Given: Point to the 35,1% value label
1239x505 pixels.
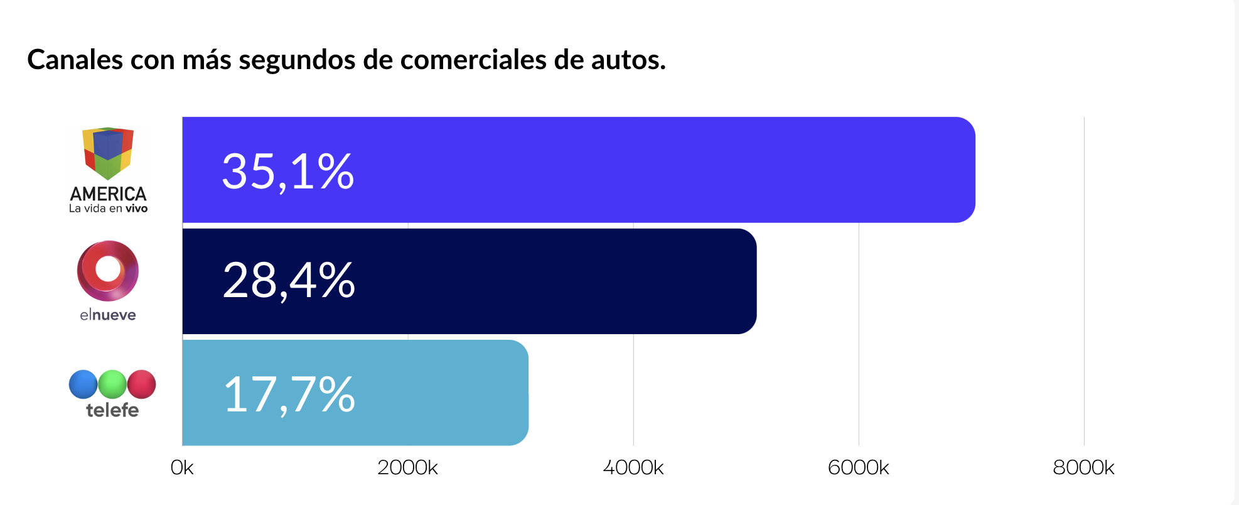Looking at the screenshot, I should click(x=288, y=171).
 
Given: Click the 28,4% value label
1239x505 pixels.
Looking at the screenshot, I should click(x=289, y=281).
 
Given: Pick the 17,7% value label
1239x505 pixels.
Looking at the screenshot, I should click(x=289, y=394).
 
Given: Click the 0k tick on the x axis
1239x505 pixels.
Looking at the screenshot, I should click(x=182, y=468).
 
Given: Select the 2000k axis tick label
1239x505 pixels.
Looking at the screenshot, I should click(x=407, y=468).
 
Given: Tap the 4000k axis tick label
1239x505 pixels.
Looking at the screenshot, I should click(x=633, y=468).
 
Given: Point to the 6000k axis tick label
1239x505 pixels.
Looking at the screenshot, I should click(x=858, y=468).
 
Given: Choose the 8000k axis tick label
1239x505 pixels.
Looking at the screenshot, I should click(x=1083, y=468).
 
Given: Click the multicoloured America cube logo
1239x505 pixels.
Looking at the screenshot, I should click(x=108, y=153).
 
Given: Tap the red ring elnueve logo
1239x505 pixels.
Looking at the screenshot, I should click(x=108, y=271).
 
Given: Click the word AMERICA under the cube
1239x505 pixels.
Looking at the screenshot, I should click(x=108, y=193).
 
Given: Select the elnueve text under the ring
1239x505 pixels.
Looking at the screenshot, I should click(x=108, y=315).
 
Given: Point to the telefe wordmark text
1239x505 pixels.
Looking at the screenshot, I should click(x=112, y=410).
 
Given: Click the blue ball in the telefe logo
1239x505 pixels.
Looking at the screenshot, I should click(x=83, y=384).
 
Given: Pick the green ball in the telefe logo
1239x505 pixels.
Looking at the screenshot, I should click(x=112, y=384).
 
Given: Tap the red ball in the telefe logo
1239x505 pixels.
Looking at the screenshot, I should click(x=142, y=384).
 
